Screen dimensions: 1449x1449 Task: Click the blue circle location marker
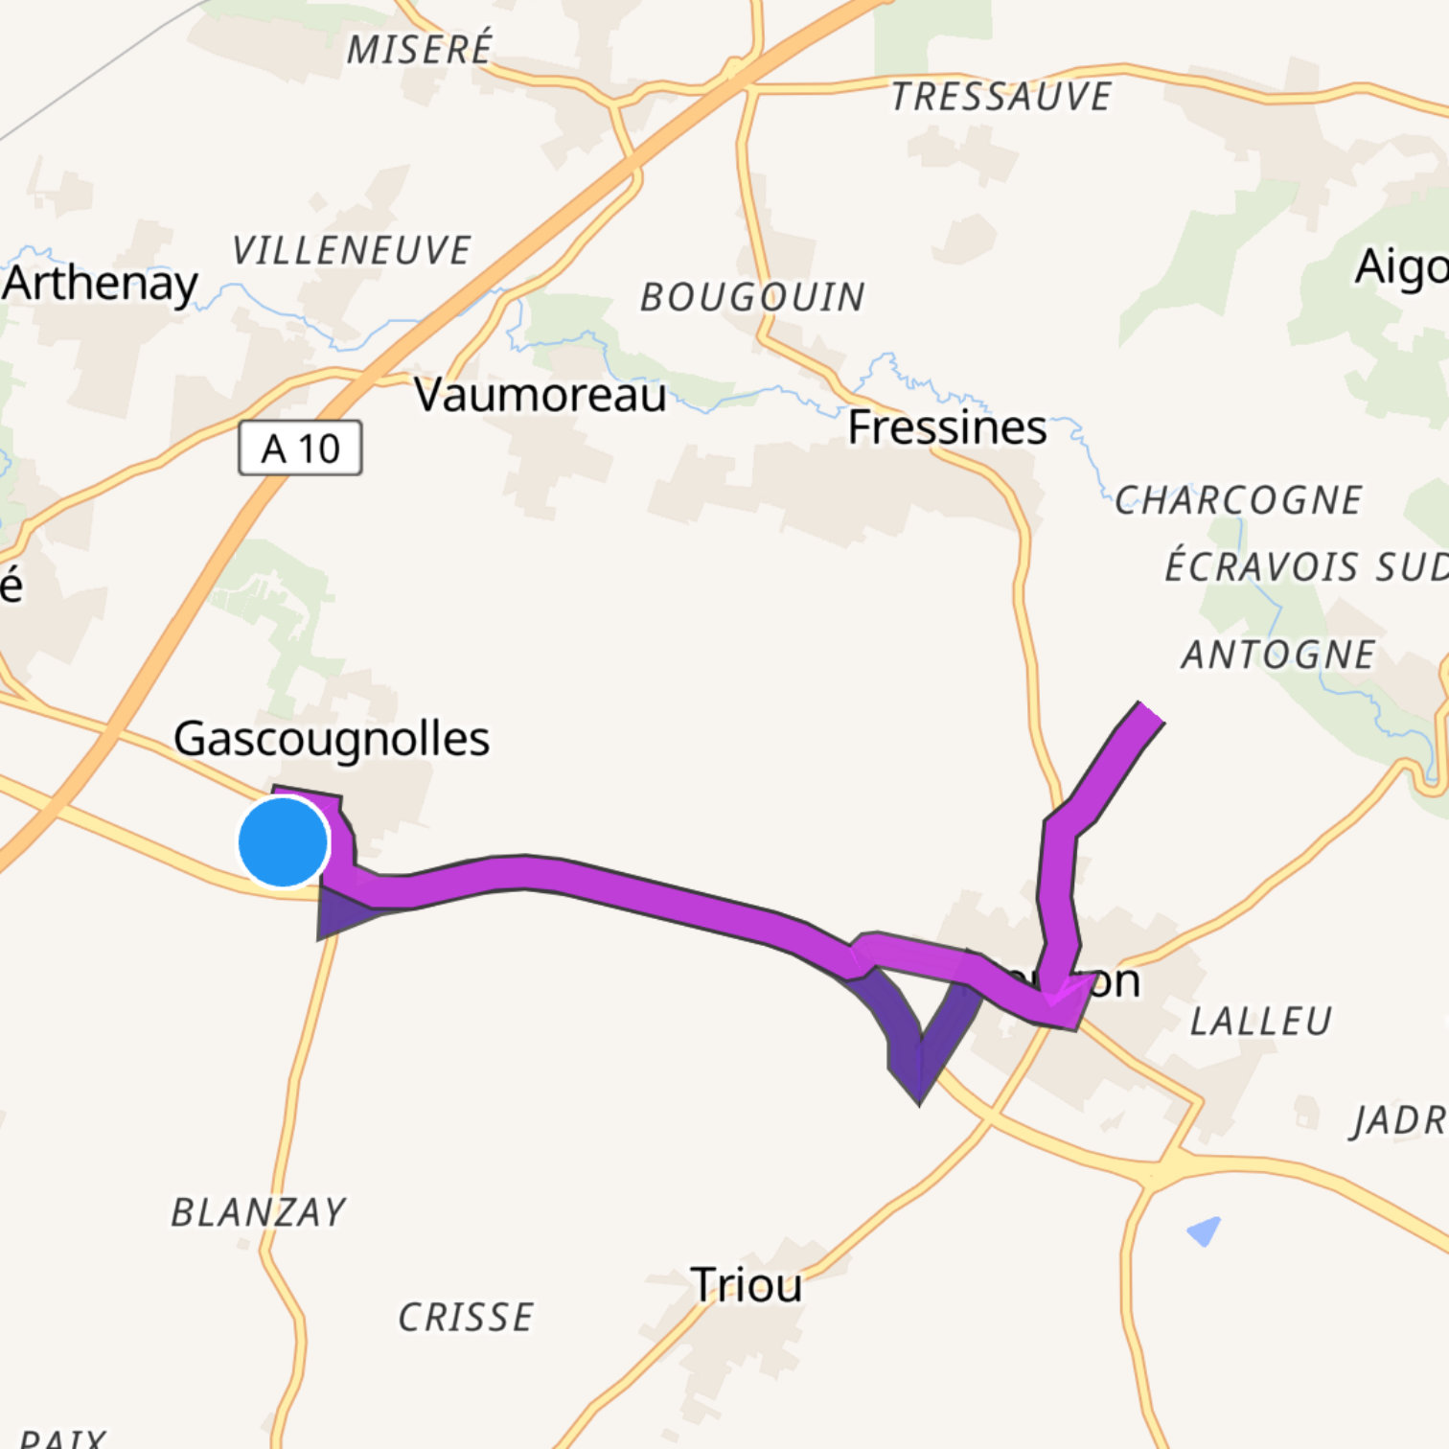tap(284, 842)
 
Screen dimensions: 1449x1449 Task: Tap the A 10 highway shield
tap(300, 448)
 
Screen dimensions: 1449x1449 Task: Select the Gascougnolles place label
tap(332, 739)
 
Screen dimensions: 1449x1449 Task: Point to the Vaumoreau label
tap(540, 394)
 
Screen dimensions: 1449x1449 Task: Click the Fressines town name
tap(947, 427)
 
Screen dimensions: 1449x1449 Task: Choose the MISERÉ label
tap(420, 49)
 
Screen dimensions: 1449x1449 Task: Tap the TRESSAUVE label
tap(1001, 97)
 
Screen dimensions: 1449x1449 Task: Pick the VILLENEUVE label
tap(352, 251)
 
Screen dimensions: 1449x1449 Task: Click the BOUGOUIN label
tap(752, 297)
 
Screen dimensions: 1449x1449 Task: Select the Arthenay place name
tap(101, 283)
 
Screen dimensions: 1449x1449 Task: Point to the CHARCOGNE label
tap(1238, 500)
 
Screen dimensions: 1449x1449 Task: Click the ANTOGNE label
tap(1278, 655)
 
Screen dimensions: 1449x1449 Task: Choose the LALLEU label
tap(1261, 1022)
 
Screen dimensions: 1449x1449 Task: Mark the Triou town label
tap(747, 1285)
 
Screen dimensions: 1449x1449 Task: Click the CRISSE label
tap(466, 1318)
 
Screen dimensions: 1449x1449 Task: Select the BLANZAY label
tap(259, 1213)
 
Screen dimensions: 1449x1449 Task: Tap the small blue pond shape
tap(1205, 1230)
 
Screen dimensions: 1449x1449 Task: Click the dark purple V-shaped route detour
tap(918, 1054)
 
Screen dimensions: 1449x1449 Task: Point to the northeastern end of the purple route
tap(1146, 713)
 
